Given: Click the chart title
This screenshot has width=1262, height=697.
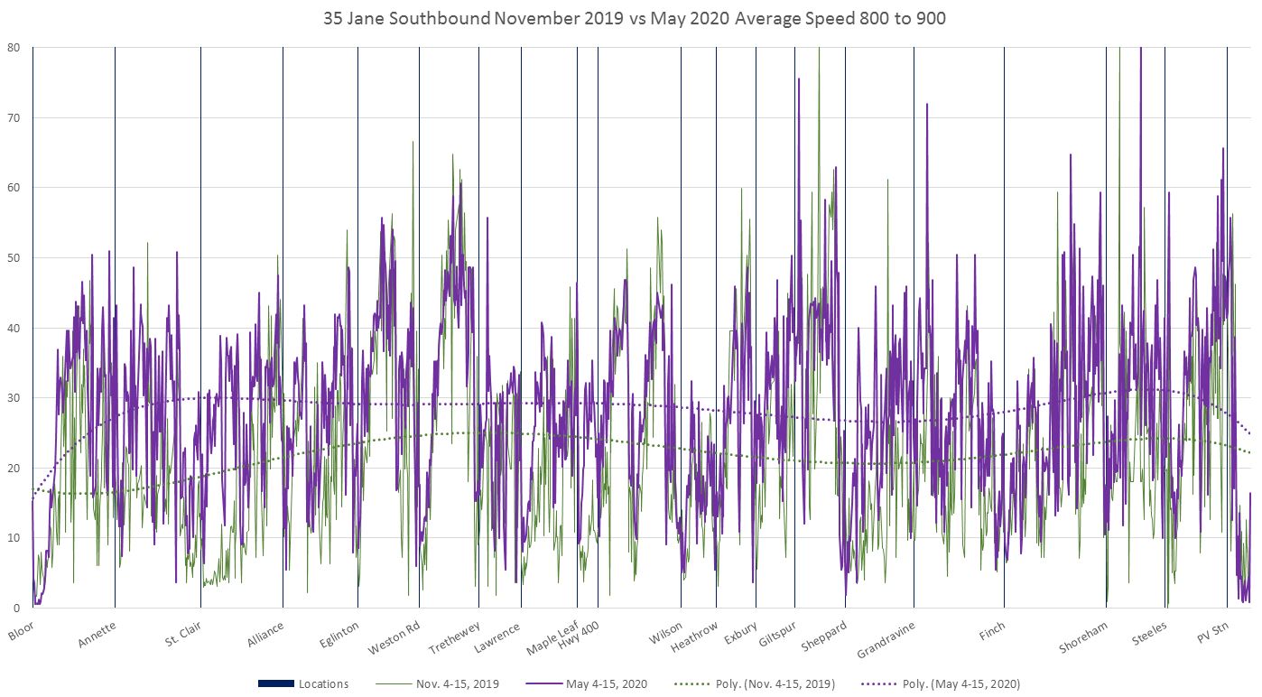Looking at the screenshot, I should (635, 18).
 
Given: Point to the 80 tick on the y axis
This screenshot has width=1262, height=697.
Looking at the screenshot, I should (14, 47).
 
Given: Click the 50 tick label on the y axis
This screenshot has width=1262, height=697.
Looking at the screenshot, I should (14, 257).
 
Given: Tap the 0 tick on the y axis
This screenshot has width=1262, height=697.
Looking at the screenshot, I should (16, 608).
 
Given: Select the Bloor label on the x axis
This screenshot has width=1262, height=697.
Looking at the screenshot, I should (21, 630).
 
